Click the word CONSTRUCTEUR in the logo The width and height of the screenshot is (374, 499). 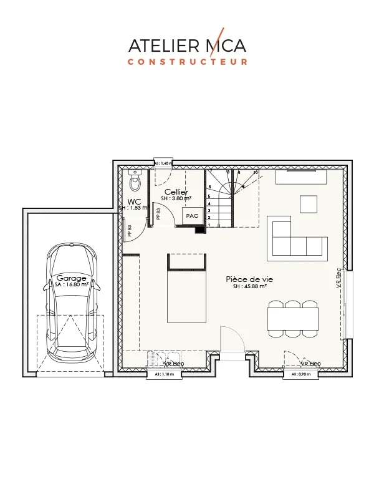pos(187,62)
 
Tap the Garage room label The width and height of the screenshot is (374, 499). pos(72,278)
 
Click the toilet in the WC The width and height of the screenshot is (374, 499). pos(134,180)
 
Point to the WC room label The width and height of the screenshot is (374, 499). pos(134,201)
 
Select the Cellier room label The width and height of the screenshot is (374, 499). pos(176,191)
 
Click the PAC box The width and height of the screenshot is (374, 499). pos(191,215)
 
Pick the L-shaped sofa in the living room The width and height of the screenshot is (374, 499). pos(296,240)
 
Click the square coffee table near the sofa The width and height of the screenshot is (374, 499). pos(309,204)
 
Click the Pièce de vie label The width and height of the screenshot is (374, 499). pos(249,279)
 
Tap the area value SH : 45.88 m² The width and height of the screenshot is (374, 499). pos(250,287)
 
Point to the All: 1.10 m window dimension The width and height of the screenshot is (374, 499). pos(163,375)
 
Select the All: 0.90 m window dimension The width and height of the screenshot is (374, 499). pos(301,375)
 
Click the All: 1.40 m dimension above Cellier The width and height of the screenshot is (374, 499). pos(163,163)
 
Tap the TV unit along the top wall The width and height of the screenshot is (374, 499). pos(302,177)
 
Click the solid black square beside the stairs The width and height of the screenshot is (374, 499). pos(199,230)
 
